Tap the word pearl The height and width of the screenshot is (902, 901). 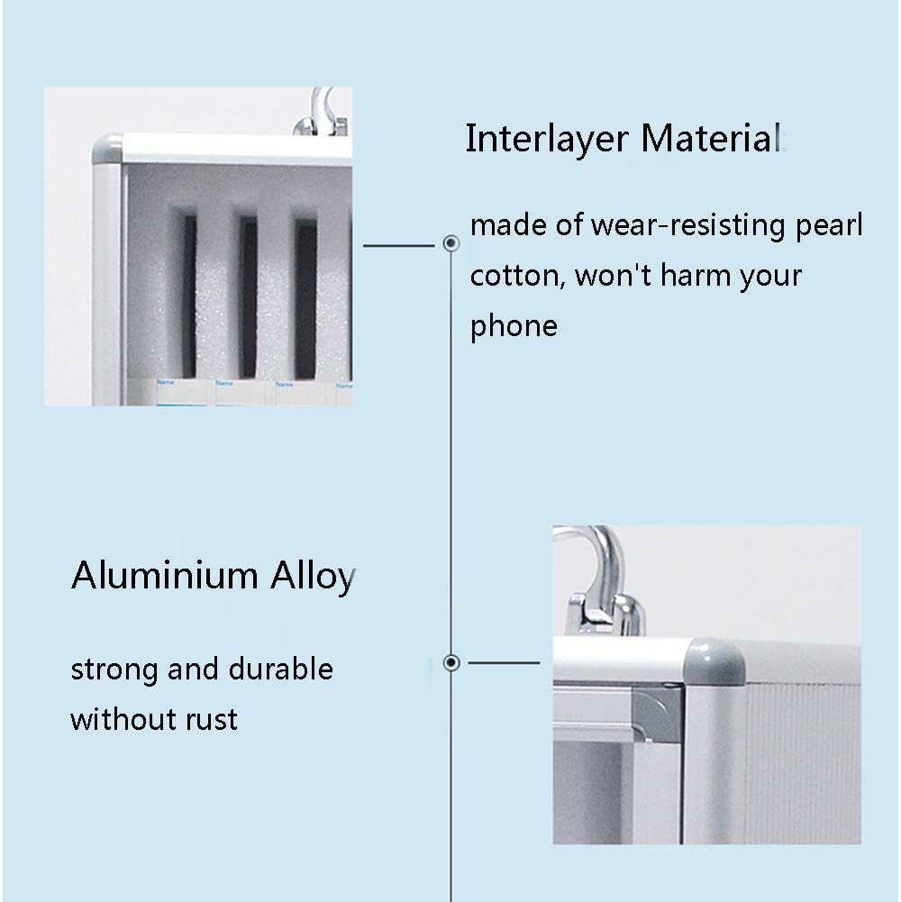click(x=829, y=226)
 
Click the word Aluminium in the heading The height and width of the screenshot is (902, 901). click(x=165, y=575)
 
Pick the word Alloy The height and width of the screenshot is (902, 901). click(x=313, y=577)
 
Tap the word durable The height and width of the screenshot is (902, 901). click(x=281, y=669)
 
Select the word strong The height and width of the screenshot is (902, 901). click(x=114, y=670)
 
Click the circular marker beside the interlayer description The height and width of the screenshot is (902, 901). click(x=451, y=243)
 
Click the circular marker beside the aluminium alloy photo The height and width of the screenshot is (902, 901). click(x=451, y=662)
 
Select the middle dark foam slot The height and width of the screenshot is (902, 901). click(x=249, y=297)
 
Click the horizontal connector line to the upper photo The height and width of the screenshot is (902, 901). click(x=399, y=246)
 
